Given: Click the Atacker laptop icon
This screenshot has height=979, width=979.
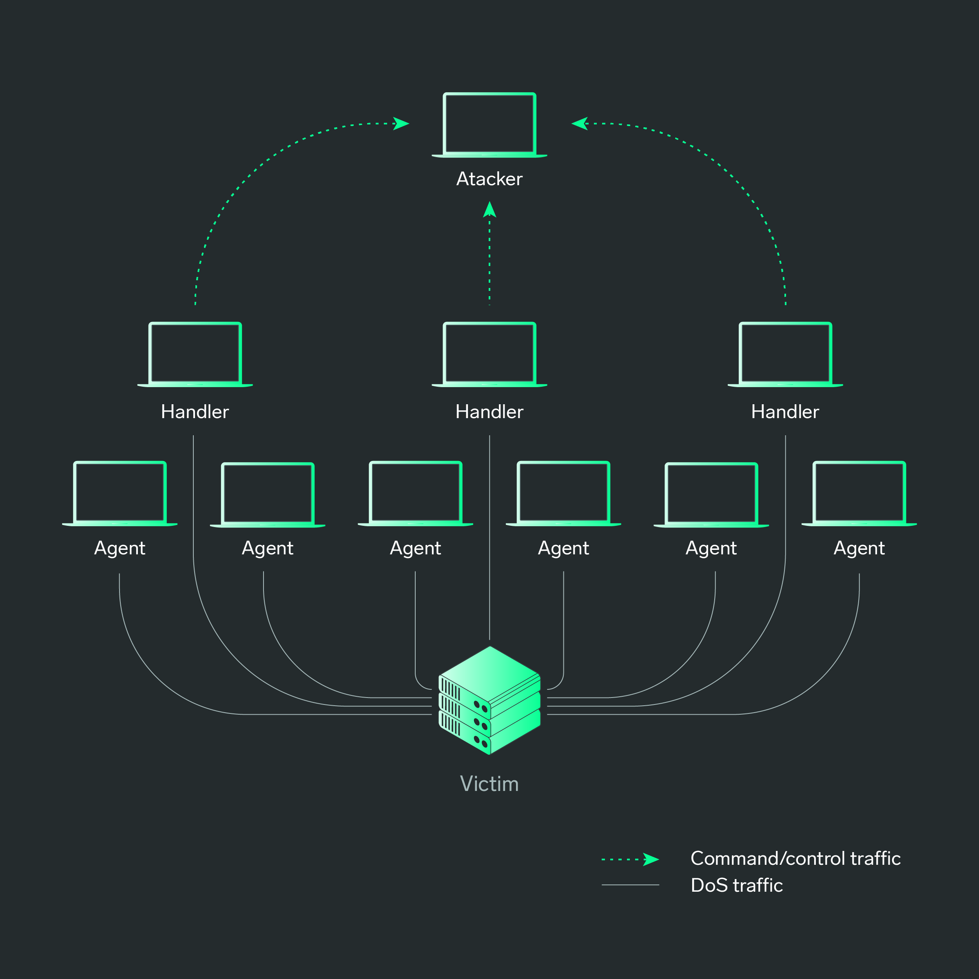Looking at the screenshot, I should [489, 125].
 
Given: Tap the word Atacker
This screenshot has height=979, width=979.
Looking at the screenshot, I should [489, 179].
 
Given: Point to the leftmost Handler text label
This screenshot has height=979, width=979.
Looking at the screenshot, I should [195, 412].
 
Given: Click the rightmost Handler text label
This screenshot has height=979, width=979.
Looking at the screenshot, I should [785, 412].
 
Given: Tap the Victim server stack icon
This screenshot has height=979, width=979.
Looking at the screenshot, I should [489, 700].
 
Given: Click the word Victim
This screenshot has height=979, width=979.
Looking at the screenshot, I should [489, 784].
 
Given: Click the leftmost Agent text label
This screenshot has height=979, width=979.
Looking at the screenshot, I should [120, 548].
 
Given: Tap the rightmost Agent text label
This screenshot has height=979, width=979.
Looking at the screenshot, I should [859, 548].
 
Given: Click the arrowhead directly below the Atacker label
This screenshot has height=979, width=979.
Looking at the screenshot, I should [489, 210].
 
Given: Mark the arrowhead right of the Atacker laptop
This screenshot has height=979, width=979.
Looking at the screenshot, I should [580, 124].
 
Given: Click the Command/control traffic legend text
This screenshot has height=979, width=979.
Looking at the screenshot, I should [795, 858].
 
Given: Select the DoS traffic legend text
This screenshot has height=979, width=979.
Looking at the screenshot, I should [737, 885].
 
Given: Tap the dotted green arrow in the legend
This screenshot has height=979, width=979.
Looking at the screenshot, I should [630, 859].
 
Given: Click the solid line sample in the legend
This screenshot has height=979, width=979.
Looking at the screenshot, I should [630, 885].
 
